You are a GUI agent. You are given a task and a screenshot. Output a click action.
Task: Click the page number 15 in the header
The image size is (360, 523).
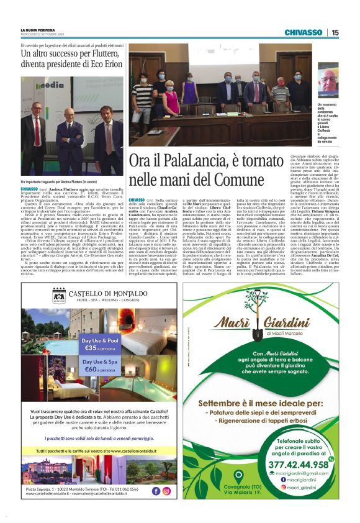(335, 32)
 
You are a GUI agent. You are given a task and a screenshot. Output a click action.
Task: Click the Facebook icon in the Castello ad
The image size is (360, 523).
(155, 490)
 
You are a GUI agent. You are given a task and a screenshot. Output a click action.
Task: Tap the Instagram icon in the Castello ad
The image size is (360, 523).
(166, 490)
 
